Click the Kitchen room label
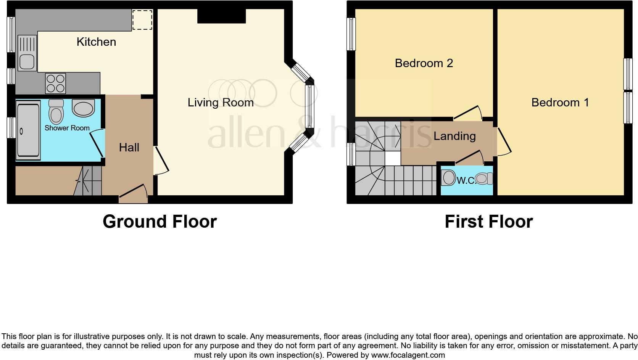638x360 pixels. point(96,42)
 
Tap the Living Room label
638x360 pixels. point(221,103)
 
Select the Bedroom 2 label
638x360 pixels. point(424,63)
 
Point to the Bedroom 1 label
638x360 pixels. point(560,103)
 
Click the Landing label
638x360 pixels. point(454,136)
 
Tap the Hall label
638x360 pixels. point(129,148)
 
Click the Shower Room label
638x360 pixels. point(67,128)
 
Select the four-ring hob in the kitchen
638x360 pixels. point(56,84)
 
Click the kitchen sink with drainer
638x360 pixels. point(27,53)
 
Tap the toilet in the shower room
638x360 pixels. point(56,111)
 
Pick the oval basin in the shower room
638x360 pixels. point(83,108)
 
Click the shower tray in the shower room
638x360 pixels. point(28,131)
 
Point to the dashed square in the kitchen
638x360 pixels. point(142,19)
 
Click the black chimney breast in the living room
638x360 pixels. point(222,16)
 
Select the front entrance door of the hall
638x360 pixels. point(133,194)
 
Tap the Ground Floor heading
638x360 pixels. point(160,222)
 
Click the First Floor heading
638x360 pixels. point(489,222)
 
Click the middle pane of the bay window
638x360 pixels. point(309,106)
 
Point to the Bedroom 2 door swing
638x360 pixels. point(468,113)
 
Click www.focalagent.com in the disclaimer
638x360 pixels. point(408,355)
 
